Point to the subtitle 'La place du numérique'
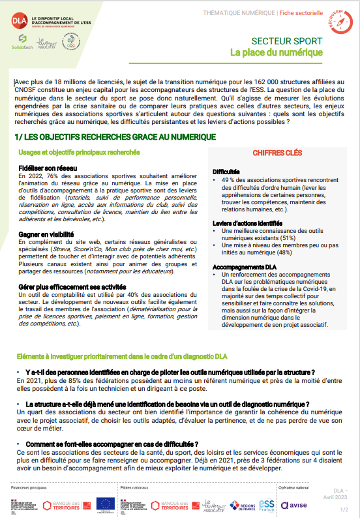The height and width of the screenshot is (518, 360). (277, 52)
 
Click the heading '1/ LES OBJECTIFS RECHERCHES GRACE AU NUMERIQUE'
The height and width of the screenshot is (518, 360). (114, 137)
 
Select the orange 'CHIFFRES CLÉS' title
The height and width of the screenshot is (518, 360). (277, 153)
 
